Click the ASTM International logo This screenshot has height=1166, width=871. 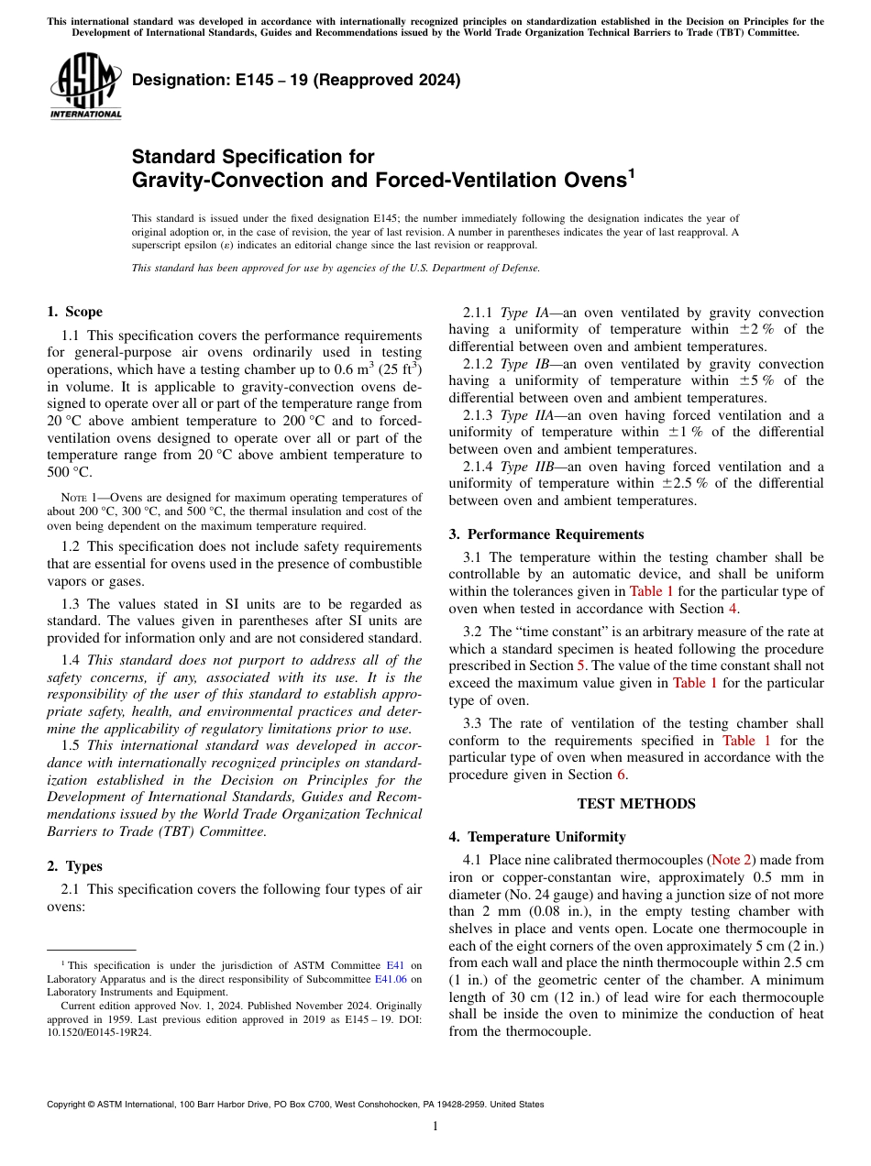pyautogui.click(x=84, y=86)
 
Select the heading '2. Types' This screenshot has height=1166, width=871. pyautogui.click(x=74, y=866)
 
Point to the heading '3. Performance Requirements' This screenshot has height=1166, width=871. pyautogui.click(x=546, y=534)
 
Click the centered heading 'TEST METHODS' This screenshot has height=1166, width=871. pyautogui.click(x=635, y=804)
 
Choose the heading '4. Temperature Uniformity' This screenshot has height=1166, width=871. pyautogui.click(x=537, y=837)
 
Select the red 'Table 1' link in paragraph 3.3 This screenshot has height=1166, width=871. pyautogui.click(x=739, y=741)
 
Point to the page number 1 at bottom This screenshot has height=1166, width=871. pyautogui.click(x=435, y=1127)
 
